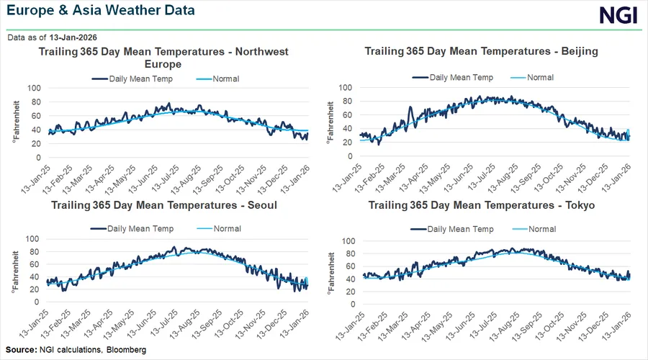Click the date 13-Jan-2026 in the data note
coord(73,37)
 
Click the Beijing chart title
coord(482,52)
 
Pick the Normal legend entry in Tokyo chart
coord(542,229)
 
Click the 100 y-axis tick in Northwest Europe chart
coord(33,88)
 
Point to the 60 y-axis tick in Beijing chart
coord(347,114)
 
